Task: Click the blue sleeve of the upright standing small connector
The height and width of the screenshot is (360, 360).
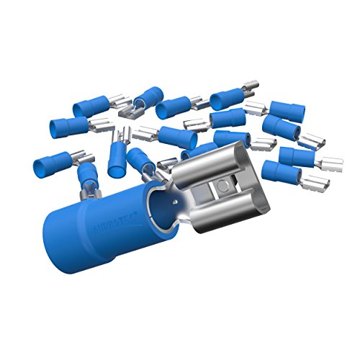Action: (x=115, y=163)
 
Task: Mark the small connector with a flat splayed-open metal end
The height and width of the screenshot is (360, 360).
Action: (x=130, y=112)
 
